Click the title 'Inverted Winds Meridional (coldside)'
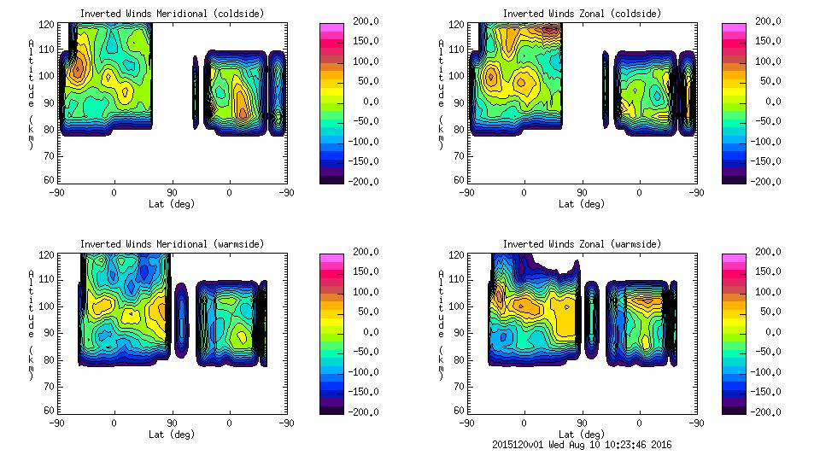pos(172,14)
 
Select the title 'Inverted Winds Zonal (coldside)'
pos(582,14)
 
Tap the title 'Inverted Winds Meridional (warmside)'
pos(172,244)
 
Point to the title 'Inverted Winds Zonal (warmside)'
pos(582,244)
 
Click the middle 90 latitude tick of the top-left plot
pos(172,193)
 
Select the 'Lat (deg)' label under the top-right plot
pos(582,204)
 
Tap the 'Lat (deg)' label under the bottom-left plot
pos(172,434)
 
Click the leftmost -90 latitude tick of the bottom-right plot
pos(466,423)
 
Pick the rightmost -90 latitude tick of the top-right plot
pos(697,193)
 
